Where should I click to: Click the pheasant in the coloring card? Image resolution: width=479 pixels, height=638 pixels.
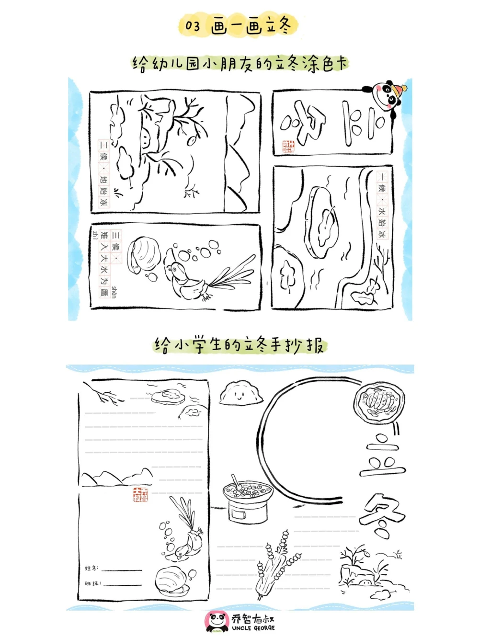click(x=187, y=280)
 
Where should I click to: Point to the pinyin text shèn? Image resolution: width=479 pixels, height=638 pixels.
click(x=114, y=292)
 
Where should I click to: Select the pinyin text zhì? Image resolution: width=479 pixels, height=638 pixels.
click(x=95, y=235)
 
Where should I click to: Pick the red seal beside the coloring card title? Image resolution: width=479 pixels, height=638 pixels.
click(x=289, y=147)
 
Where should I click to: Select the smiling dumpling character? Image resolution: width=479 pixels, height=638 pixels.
click(x=240, y=393)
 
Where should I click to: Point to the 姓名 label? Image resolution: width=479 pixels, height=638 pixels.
click(x=91, y=569)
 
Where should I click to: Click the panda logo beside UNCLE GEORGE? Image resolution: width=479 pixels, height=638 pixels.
click(x=217, y=621)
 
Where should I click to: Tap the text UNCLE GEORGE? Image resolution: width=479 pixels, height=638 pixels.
click(x=253, y=628)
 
